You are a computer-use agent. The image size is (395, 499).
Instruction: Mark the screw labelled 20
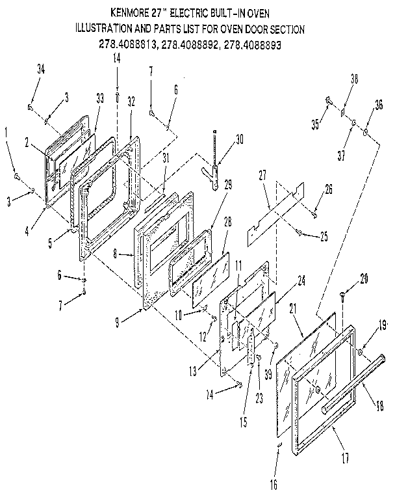(x=343, y=297)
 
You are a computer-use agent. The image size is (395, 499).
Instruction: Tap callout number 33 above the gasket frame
(x=99, y=98)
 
